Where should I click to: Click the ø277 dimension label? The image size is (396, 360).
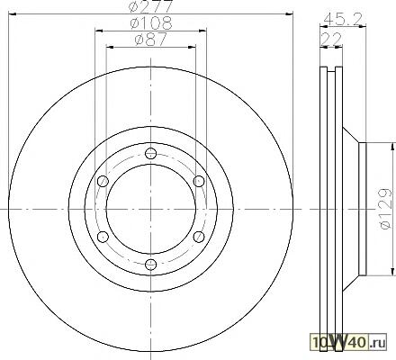point(150,6)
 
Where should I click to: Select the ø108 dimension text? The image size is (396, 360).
point(151,23)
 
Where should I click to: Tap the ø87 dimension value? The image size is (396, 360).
point(151,40)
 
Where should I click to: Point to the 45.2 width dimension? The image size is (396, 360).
point(345,19)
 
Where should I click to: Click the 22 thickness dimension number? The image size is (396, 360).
point(331,39)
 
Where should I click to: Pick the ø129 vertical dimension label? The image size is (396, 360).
point(385,209)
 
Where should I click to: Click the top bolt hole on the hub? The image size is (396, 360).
point(150,154)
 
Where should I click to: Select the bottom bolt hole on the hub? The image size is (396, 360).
point(150,265)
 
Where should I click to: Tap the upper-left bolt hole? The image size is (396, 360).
point(103,181)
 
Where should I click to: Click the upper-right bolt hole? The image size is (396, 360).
point(199,181)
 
